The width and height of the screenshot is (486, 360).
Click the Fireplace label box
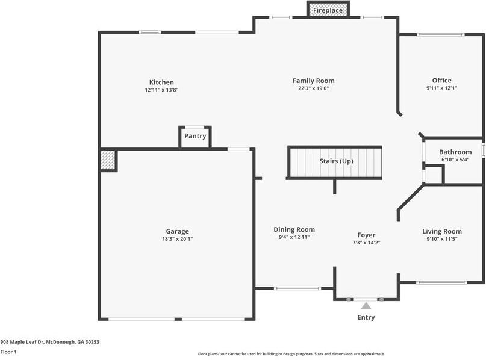[328, 9]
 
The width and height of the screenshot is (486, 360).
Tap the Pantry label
[195, 136]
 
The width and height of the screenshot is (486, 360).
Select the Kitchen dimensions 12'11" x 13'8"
[161, 90]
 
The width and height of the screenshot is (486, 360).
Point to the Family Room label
[314, 81]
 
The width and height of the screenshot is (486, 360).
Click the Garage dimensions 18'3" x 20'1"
[177, 239]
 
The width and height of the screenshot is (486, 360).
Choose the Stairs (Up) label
[336, 161]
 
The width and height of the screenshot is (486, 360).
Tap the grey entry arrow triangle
[366, 306]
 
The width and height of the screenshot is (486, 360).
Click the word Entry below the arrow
[366, 317]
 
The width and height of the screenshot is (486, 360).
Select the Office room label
[441, 81]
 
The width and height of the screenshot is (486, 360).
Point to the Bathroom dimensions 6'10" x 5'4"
[455, 160]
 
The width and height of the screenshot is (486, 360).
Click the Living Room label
[442, 231]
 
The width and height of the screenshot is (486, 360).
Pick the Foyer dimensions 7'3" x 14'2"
[366, 243]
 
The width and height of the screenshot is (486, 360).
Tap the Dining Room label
[294, 229]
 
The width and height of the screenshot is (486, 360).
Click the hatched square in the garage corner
[108, 160]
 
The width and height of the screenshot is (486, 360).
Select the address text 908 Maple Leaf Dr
[22, 342]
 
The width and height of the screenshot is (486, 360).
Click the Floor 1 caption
[8, 352]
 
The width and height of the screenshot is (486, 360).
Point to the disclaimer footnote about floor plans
[291, 354]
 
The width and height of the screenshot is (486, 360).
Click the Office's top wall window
[440, 34]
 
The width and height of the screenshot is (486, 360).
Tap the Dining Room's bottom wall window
[298, 288]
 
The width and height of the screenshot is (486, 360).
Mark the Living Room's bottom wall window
[441, 282]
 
